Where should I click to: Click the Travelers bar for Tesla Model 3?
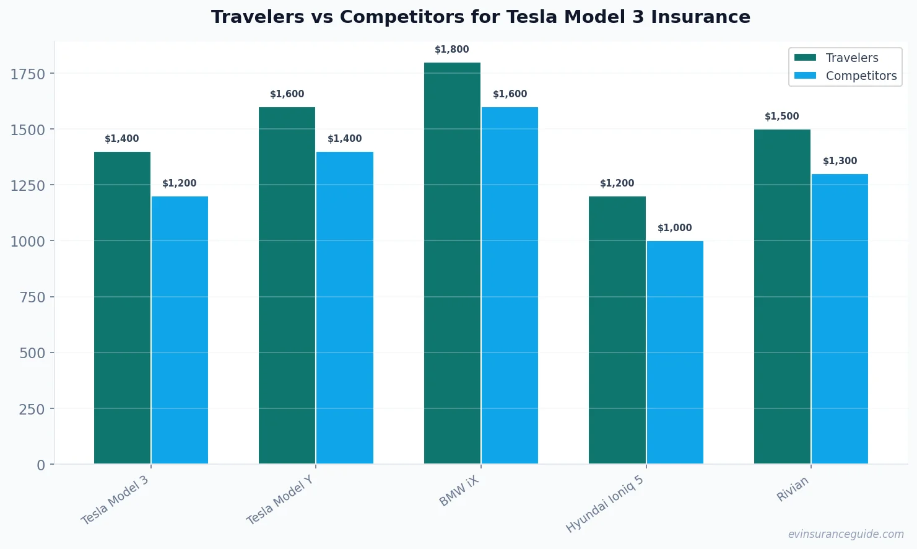coord(122,307)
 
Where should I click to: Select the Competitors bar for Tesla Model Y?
coord(344,307)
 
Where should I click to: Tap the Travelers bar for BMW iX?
coord(452,263)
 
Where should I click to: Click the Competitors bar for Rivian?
coord(840,318)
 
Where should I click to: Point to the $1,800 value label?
coord(452,50)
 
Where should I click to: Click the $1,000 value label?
coord(675,228)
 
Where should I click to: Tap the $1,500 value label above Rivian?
coord(782,116)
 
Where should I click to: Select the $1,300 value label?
coord(840,161)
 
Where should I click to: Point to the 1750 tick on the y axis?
coord(28,74)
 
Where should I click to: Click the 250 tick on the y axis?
coord(32,409)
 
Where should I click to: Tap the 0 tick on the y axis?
coord(41,465)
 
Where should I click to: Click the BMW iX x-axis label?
coord(459,491)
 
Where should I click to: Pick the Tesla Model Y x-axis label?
coord(280,500)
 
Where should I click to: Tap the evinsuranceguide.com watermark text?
coord(846,534)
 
